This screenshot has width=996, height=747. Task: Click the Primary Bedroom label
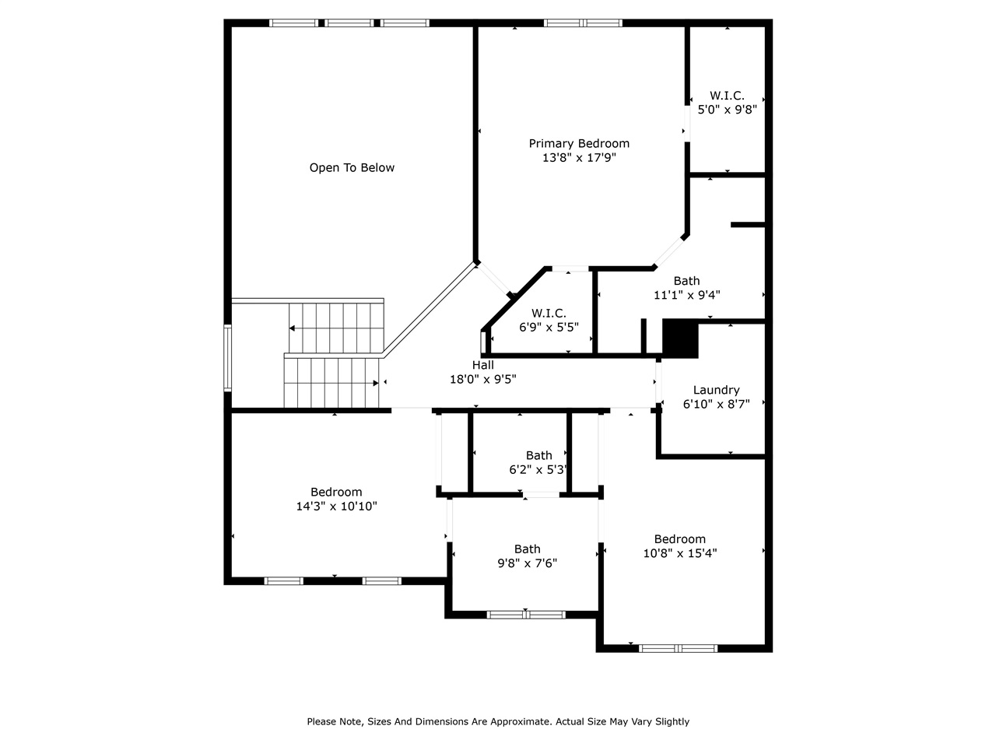point(579,143)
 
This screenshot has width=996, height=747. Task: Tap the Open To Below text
point(352,167)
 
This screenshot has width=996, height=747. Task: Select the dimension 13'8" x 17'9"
point(579,158)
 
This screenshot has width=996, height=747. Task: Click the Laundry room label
point(716,390)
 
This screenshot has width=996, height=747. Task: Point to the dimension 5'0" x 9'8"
point(727,110)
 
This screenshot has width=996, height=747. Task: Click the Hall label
point(482,365)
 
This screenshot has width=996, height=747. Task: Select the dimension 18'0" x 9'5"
point(482,380)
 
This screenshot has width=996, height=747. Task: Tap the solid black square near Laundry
point(680,339)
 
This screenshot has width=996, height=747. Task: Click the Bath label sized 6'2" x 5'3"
point(538,455)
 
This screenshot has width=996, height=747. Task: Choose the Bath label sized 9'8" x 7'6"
point(527,549)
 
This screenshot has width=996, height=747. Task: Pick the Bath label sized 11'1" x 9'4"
point(686,281)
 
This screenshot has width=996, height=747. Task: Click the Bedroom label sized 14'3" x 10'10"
point(336,492)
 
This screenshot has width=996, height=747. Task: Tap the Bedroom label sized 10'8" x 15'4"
point(679,538)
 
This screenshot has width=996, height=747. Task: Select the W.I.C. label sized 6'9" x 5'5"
point(549,313)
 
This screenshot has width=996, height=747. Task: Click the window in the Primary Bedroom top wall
point(583,23)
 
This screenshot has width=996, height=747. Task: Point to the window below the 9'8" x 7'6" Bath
point(526,615)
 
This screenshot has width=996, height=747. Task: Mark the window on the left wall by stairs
point(228,357)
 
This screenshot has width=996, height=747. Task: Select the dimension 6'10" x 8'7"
point(716,405)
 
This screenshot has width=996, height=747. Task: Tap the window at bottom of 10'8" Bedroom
point(678,647)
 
